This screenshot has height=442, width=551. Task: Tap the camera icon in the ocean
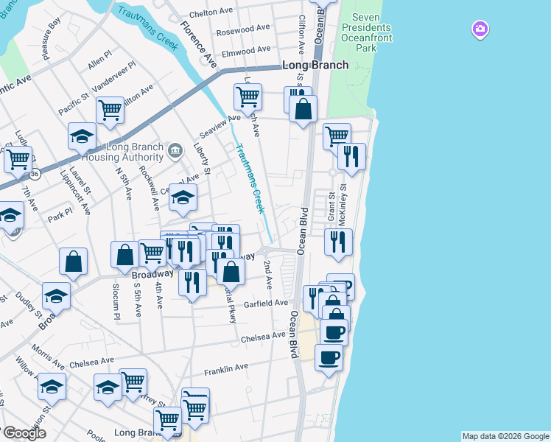pos(480,29)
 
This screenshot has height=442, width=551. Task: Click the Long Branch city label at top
pos(315,65)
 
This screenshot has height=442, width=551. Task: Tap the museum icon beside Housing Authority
pos(175,152)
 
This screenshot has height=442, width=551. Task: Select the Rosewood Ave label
pos(243,29)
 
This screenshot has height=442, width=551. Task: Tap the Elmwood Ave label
pos(246,51)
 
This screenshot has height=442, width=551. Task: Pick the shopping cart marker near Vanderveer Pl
pos(110,110)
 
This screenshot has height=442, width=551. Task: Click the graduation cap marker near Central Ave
pos(183,196)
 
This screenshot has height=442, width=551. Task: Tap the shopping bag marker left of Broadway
pos(74,262)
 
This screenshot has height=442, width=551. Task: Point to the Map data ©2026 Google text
pos(505,436)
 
